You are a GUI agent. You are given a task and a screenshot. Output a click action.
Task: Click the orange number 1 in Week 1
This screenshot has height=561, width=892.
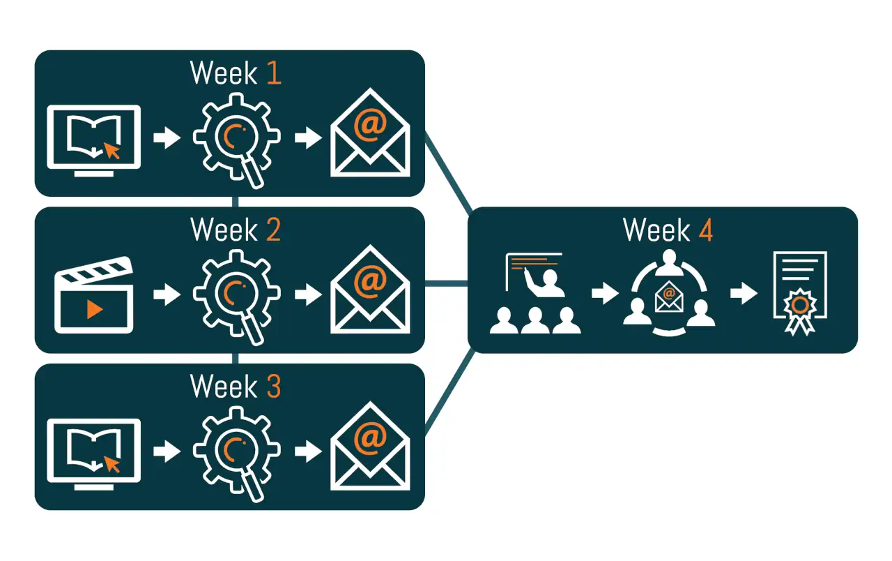pyautogui.click(x=274, y=73)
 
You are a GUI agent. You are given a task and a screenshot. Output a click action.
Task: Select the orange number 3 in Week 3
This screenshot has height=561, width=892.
pyautogui.click(x=273, y=386)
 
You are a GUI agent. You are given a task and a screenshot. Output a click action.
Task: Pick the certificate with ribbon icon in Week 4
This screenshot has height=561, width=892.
pyautogui.click(x=800, y=294)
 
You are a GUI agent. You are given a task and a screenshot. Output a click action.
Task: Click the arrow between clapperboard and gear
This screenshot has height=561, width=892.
pyautogui.click(x=167, y=294)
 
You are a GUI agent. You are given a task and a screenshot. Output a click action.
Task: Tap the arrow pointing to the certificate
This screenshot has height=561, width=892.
pyautogui.click(x=744, y=294)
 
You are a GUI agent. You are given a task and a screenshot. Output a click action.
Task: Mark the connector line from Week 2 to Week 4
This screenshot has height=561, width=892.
pyautogui.click(x=446, y=283)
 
